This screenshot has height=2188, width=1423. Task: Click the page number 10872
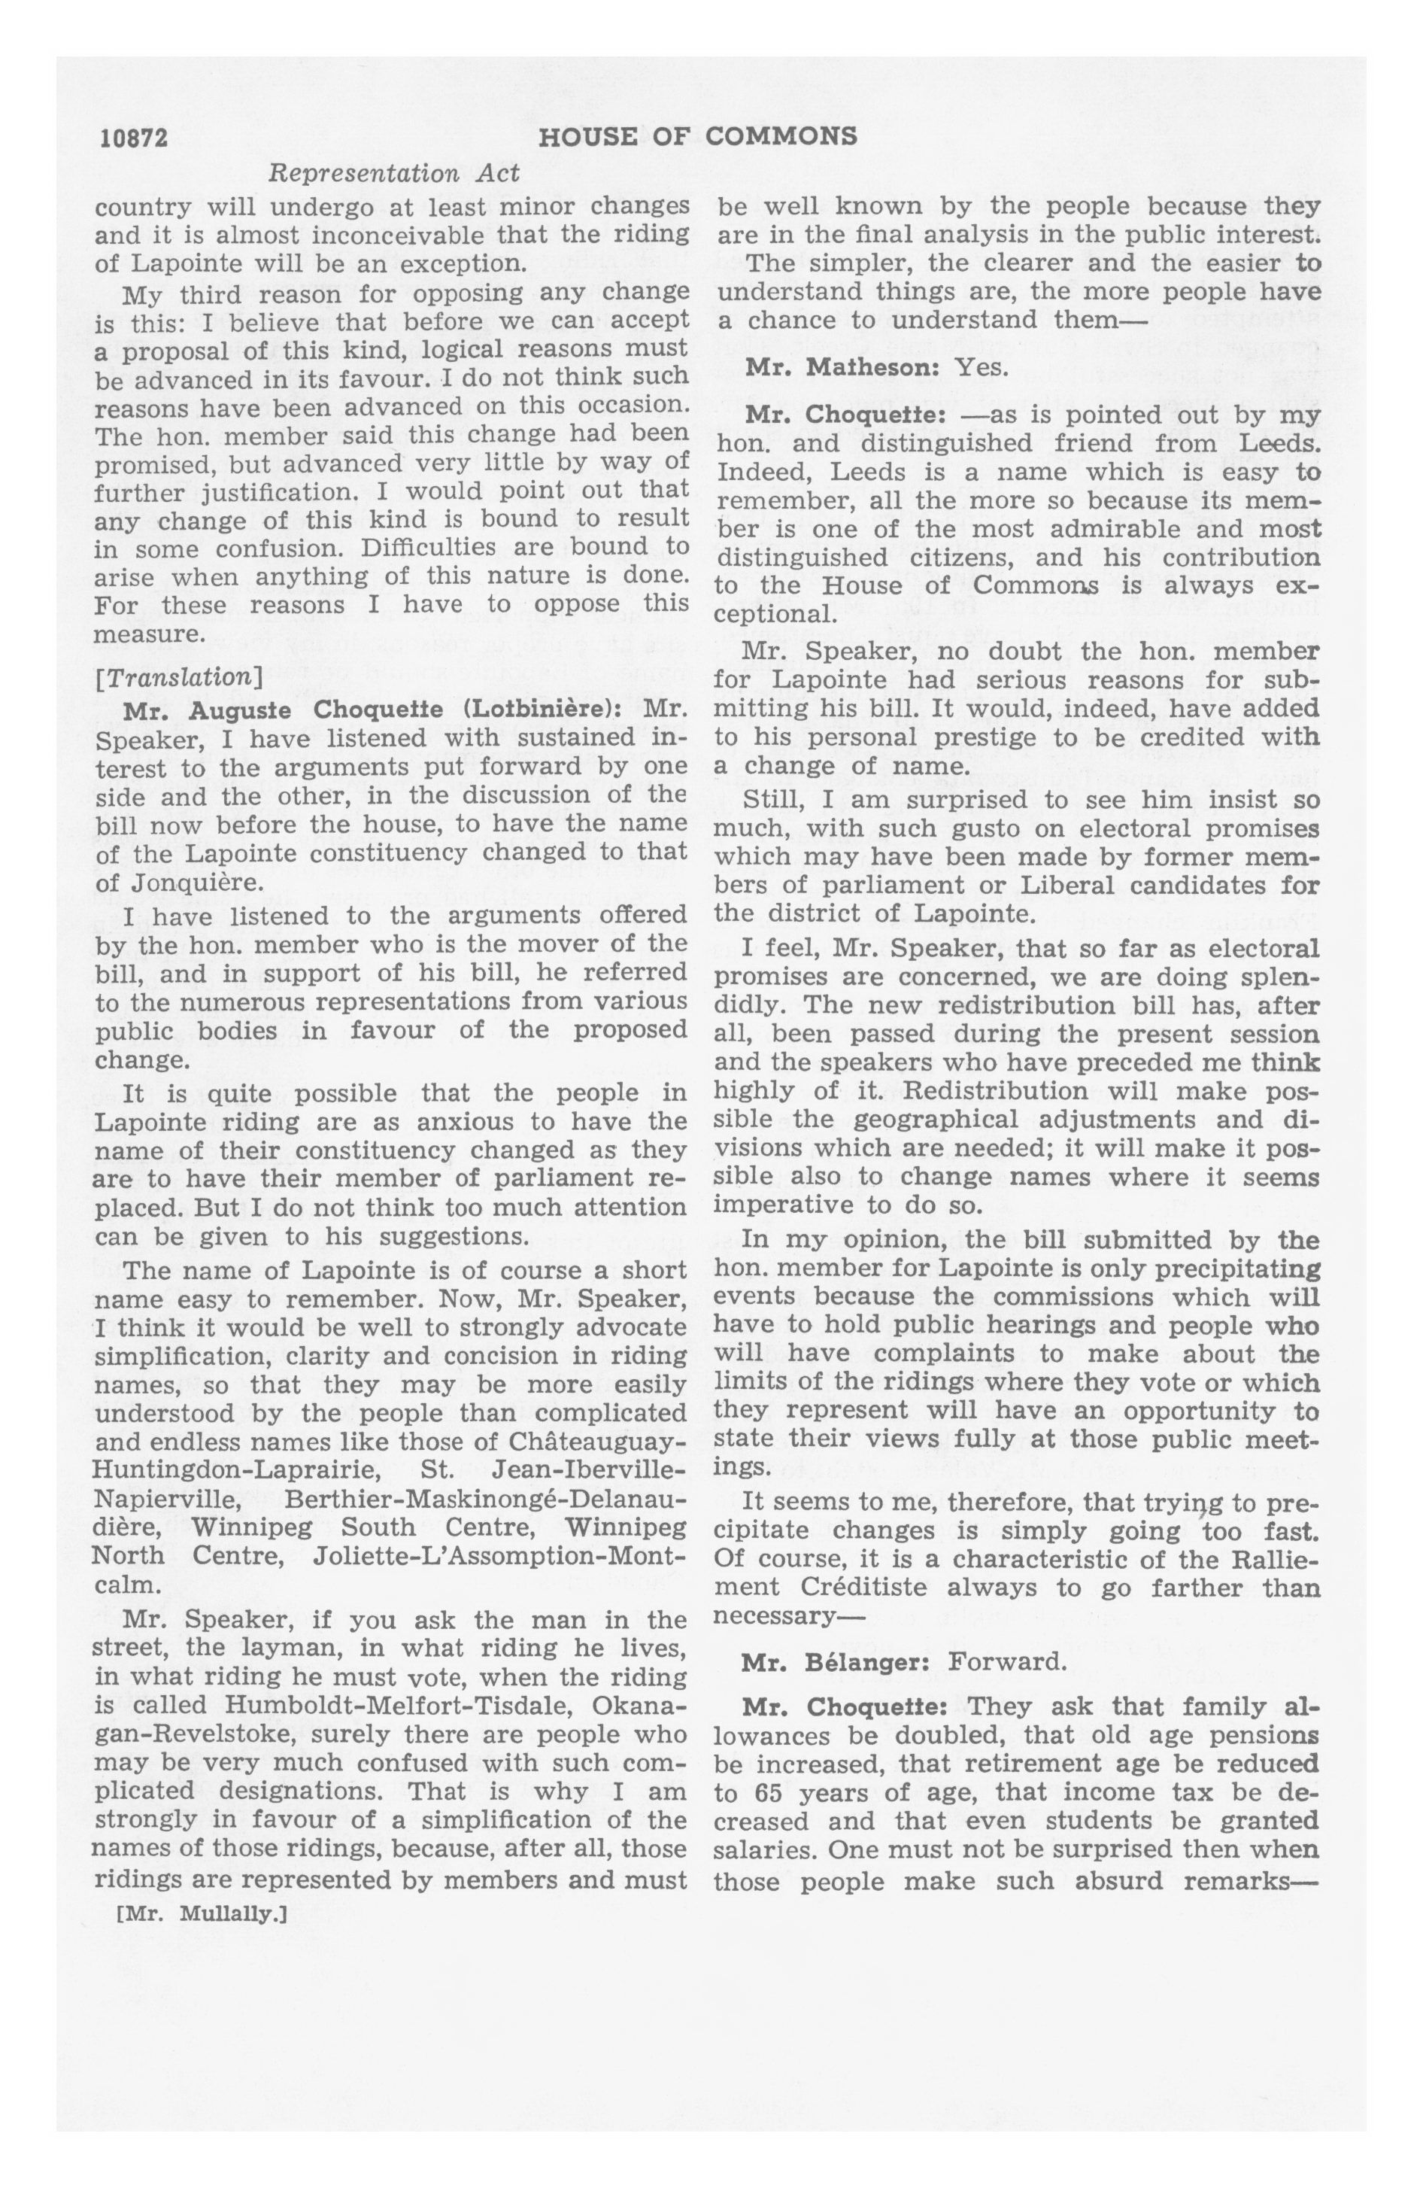coord(134,138)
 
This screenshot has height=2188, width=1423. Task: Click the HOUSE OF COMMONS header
coord(698,137)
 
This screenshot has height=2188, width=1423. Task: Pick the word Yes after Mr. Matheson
coord(982,368)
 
